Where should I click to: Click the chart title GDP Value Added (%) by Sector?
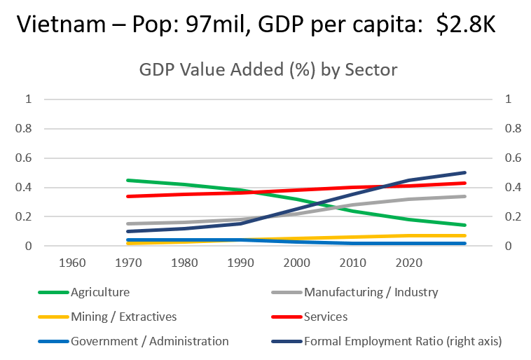(268, 70)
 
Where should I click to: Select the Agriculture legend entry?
(99, 292)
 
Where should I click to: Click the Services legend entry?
(326, 317)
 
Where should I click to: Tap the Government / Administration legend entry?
(149, 341)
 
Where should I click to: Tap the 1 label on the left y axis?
(28, 99)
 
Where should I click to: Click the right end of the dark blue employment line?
(465, 172)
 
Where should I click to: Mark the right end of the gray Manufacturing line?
(465, 196)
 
